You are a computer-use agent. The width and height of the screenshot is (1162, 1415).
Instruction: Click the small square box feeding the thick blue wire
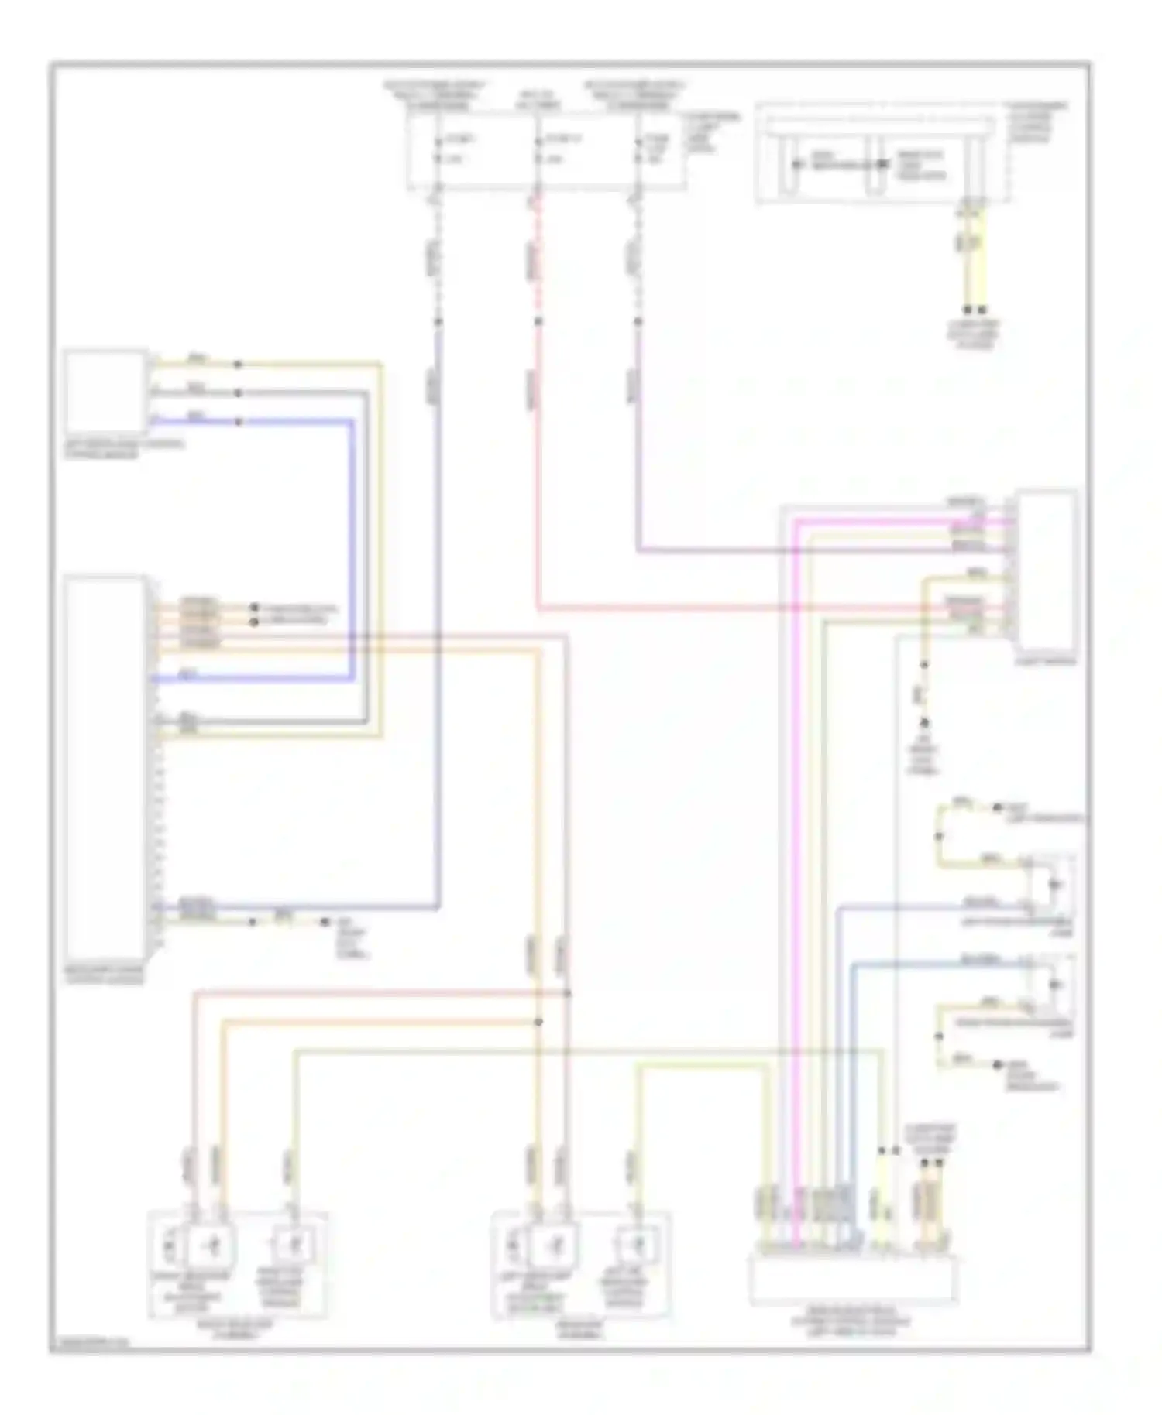[105, 392]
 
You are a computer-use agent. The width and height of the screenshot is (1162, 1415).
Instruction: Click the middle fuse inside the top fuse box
[538, 150]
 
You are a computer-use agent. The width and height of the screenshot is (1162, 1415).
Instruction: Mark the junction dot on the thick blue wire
[239, 422]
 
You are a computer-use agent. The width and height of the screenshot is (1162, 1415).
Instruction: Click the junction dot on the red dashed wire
[538, 321]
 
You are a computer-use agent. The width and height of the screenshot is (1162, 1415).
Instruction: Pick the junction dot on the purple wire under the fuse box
[638, 321]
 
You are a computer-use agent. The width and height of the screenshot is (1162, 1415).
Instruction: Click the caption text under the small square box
[124, 450]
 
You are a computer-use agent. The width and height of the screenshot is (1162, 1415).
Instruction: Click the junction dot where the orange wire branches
[538, 1022]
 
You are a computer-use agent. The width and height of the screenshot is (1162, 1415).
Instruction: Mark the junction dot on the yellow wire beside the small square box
[239, 364]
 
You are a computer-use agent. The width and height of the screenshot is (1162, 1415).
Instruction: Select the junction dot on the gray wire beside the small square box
[239, 393]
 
